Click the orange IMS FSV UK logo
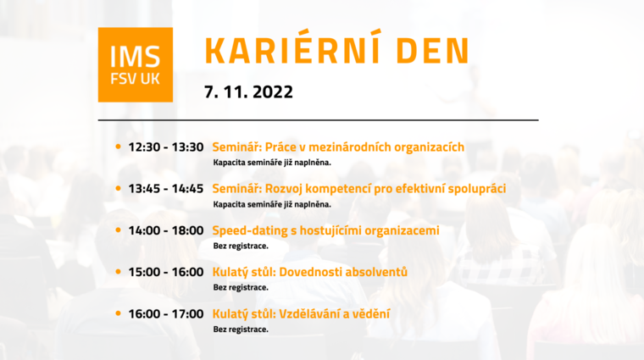(x=135, y=65)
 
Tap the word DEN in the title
(x=433, y=51)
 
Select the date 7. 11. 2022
(x=248, y=92)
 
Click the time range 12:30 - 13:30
(x=166, y=147)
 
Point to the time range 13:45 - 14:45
(x=166, y=189)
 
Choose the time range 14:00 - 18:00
(x=166, y=230)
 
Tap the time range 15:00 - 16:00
(x=166, y=272)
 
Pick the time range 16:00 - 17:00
(x=166, y=314)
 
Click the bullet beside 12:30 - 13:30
(x=119, y=147)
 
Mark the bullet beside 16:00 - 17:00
(x=119, y=313)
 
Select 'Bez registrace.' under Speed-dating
(x=241, y=246)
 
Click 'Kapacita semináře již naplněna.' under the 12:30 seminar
(x=272, y=163)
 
